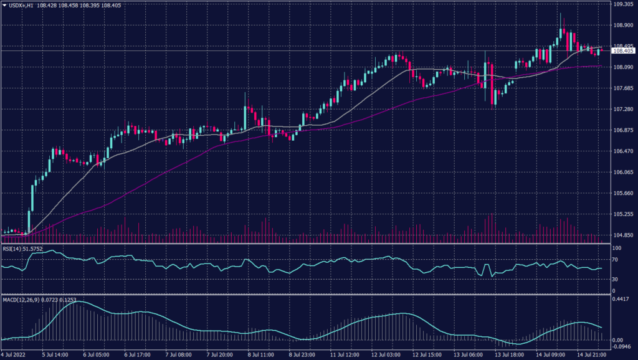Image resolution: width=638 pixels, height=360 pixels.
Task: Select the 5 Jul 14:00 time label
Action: coord(55,354)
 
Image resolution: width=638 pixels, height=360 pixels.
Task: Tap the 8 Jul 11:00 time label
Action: coord(261,354)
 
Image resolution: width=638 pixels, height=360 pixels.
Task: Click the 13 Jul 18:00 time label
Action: coord(507,354)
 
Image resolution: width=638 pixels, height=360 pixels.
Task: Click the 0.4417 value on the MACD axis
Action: coord(622,298)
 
